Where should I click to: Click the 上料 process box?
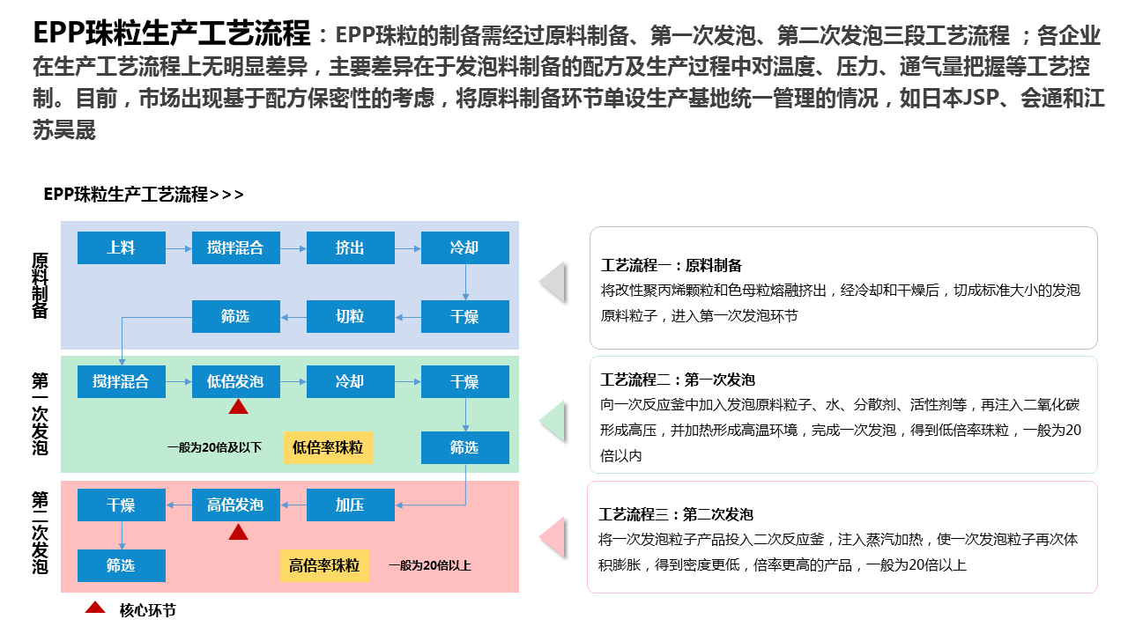click(121, 247)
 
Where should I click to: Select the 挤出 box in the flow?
click(350, 247)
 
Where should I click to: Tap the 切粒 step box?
click(350, 316)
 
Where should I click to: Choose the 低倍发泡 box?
click(235, 381)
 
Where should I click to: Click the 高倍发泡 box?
click(235, 505)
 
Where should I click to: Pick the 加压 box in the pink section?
click(350, 505)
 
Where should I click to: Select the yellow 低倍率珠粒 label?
click(328, 447)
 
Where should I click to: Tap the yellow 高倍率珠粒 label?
click(324, 565)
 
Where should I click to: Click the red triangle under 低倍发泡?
click(238, 407)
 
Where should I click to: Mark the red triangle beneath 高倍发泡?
click(238, 532)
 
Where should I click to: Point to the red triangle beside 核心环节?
click(95, 608)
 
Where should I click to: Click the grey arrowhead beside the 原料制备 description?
click(553, 282)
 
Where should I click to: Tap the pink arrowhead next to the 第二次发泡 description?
click(553, 538)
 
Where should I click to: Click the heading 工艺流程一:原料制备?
click(672, 265)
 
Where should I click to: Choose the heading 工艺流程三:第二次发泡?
click(676, 514)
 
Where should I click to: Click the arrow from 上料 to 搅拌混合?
click(178, 248)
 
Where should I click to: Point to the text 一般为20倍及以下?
click(214, 447)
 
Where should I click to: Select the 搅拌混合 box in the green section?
click(121, 381)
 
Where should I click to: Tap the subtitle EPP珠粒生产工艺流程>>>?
click(144, 195)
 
